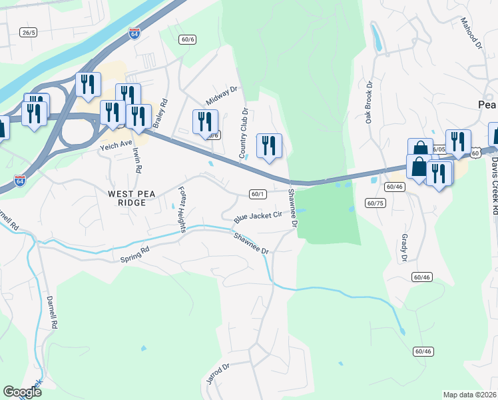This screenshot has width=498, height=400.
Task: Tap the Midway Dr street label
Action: tap(221, 96)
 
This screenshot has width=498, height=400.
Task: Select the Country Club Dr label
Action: tap(244, 133)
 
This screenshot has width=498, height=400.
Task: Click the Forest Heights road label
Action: tap(181, 209)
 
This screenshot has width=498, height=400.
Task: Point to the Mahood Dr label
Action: tap(470, 33)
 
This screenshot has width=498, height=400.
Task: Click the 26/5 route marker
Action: tap(27, 32)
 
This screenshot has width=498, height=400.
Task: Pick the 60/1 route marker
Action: tap(258, 194)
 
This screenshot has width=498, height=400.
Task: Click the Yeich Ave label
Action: tap(117, 143)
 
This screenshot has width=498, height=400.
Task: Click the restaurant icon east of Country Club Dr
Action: tap(269, 145)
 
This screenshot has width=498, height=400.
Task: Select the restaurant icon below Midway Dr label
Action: tap(205, 121)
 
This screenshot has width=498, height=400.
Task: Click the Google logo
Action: tap(23, 393)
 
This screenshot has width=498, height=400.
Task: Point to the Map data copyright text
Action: tap(469, 395)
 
